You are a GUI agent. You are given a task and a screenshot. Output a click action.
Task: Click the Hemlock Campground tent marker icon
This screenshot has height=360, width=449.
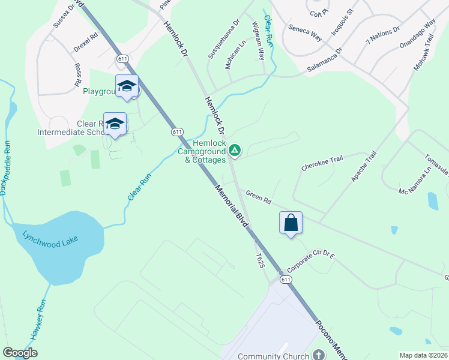pyautogui.click(x=235, y=150)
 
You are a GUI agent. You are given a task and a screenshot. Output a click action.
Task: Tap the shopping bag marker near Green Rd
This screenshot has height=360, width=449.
pyautogui.click(x=291, y=223)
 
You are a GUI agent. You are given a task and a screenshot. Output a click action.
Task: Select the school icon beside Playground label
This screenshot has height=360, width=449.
pyautogui.click(x=127, y=86)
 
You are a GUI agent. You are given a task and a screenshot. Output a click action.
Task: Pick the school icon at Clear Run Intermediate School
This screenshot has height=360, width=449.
pyautogui.click(x=115, y=124)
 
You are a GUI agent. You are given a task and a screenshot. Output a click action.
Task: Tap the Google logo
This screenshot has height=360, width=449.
pyautogui.click(x=20, y=353)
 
